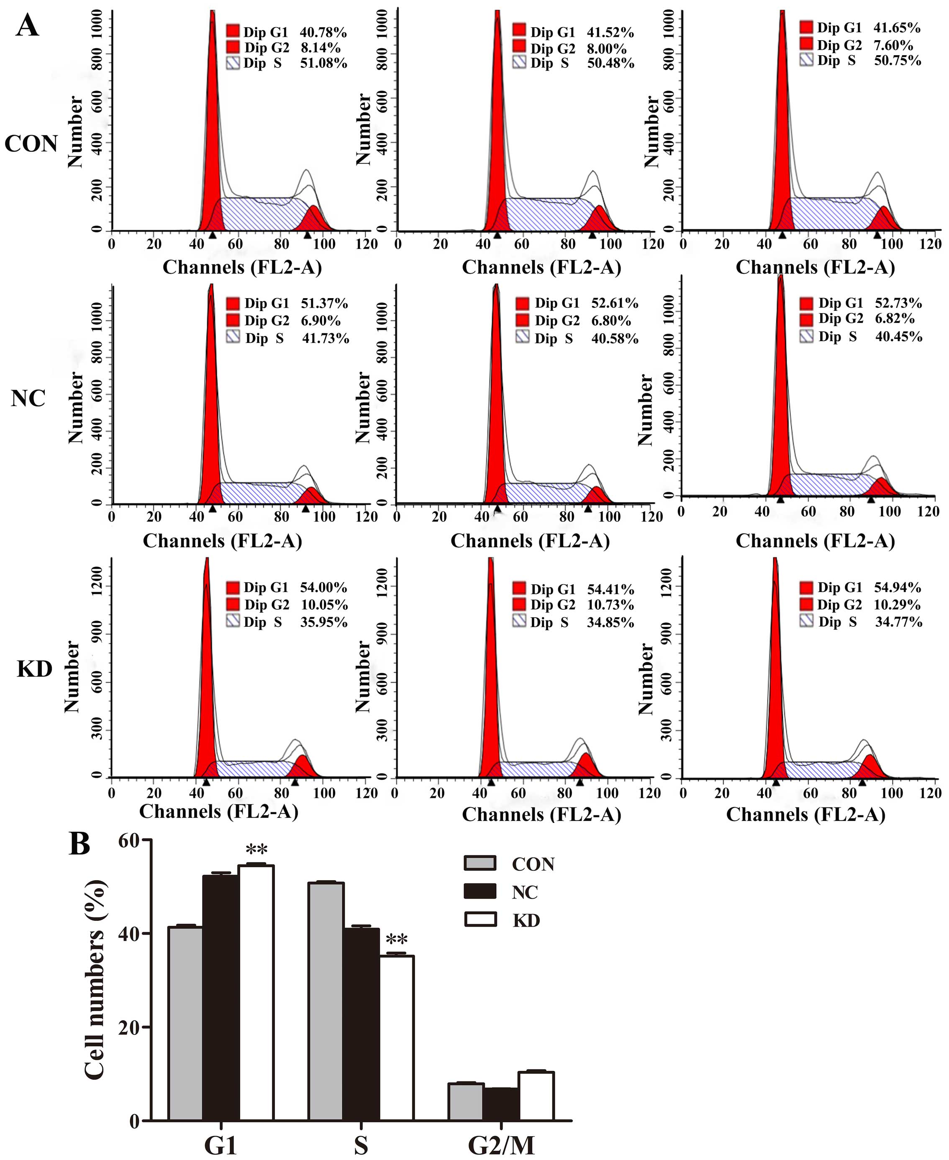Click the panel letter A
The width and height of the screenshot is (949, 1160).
pyautogui.click(x=27, y=25)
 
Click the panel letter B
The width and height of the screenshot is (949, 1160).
pyautogui.click(x=80, y=844)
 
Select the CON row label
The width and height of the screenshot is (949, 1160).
pyautogui.click(x=31, y=144)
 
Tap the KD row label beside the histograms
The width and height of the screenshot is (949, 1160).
pyautogui.click(x=34, y=669)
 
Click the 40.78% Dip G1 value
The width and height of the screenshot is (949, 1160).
pyautogui.click(x=323, y=33)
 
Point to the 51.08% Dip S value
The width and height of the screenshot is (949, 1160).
pyautogui.click(x=323, y=64)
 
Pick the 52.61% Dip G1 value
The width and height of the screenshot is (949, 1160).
pyautogui.click(x=614, y=303)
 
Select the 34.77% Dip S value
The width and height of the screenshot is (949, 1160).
pyautogui.click(x=899, y=622)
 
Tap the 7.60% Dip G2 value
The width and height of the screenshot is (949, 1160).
pyautogui.click(x=894, y=45)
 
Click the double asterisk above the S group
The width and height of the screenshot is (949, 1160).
pyautogui.click(x=396, y=939)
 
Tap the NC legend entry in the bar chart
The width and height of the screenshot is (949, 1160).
pyautogui.click(x=524, y=892)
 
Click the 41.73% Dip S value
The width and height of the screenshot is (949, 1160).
pyautogui.click(x=325, y=338)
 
